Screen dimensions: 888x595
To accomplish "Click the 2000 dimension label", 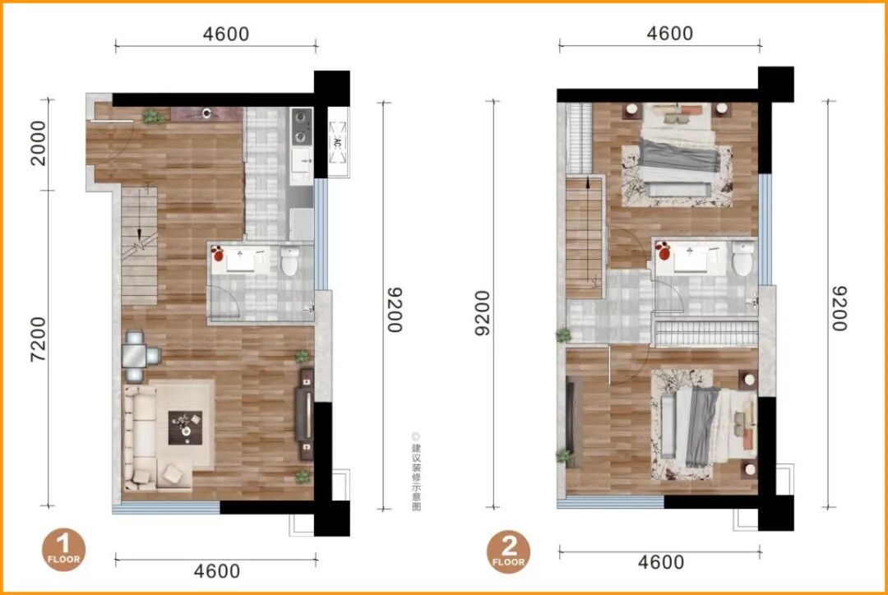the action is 39,143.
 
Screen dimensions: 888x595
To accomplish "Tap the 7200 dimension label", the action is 39,339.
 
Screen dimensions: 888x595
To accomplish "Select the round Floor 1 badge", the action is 63,550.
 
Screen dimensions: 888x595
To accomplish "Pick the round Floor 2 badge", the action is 509,551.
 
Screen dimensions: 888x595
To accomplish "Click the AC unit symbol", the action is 338,142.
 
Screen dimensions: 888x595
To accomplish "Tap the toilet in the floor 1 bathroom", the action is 290,261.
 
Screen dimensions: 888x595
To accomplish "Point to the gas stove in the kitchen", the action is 301,127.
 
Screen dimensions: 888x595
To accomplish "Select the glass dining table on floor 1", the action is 135,356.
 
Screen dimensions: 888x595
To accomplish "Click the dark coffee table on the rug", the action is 185,427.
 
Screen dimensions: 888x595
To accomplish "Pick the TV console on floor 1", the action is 306,414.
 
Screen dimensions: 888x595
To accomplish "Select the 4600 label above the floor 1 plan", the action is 226,34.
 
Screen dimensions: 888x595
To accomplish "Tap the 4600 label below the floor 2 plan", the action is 661,562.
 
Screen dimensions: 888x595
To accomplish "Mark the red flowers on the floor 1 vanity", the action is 217,254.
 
